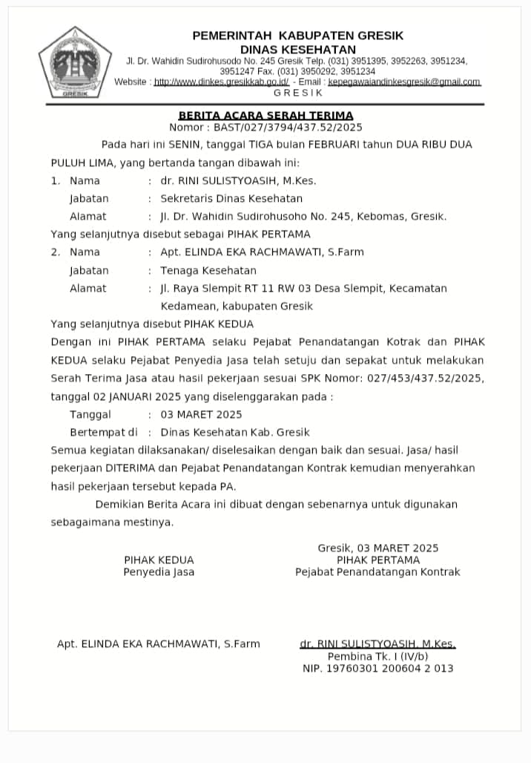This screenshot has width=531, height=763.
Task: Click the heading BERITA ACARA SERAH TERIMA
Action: click(265, 115)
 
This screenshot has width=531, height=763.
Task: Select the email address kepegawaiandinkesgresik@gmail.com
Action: click(404, 82)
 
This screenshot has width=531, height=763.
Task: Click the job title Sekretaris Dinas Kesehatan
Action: click(231, 198)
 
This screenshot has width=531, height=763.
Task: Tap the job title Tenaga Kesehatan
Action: click(208, 270)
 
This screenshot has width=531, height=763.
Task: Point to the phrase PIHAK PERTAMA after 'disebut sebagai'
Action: click(269, 234)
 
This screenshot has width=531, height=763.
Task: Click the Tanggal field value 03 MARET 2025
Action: click(201, 414)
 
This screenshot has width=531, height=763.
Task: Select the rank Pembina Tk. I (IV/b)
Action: click(377, 657)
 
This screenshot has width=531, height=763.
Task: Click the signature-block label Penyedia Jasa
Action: click(159, 572)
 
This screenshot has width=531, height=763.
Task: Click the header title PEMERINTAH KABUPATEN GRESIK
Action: click(298, 36)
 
